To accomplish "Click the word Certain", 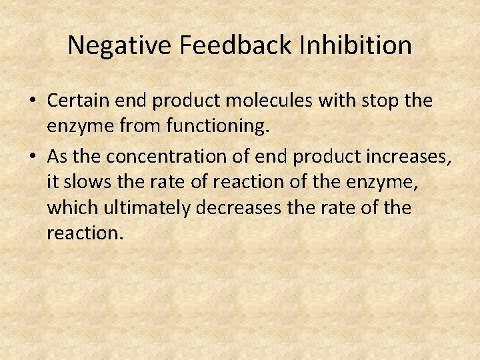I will point(73,101).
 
